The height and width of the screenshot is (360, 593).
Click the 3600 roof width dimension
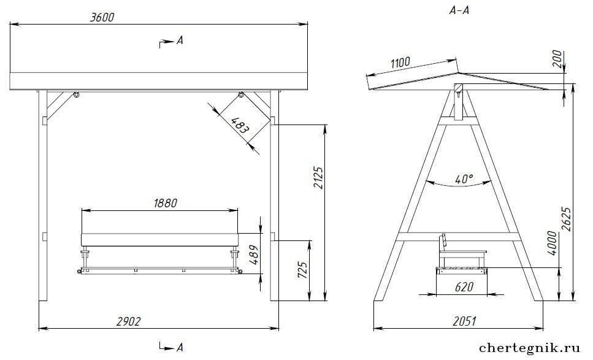(102, 17)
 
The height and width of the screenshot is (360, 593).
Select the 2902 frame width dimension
(129, 321)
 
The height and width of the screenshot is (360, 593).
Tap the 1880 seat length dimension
(166, 203)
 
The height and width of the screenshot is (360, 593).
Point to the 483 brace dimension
(240, 125)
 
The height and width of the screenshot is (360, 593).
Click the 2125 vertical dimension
(319, 178)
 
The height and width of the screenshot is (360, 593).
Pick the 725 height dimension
(302, 270)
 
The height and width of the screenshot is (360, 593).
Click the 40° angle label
(464, 179)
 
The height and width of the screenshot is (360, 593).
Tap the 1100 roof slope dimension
(400, 62)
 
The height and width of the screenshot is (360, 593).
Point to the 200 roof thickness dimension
(557, 59)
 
